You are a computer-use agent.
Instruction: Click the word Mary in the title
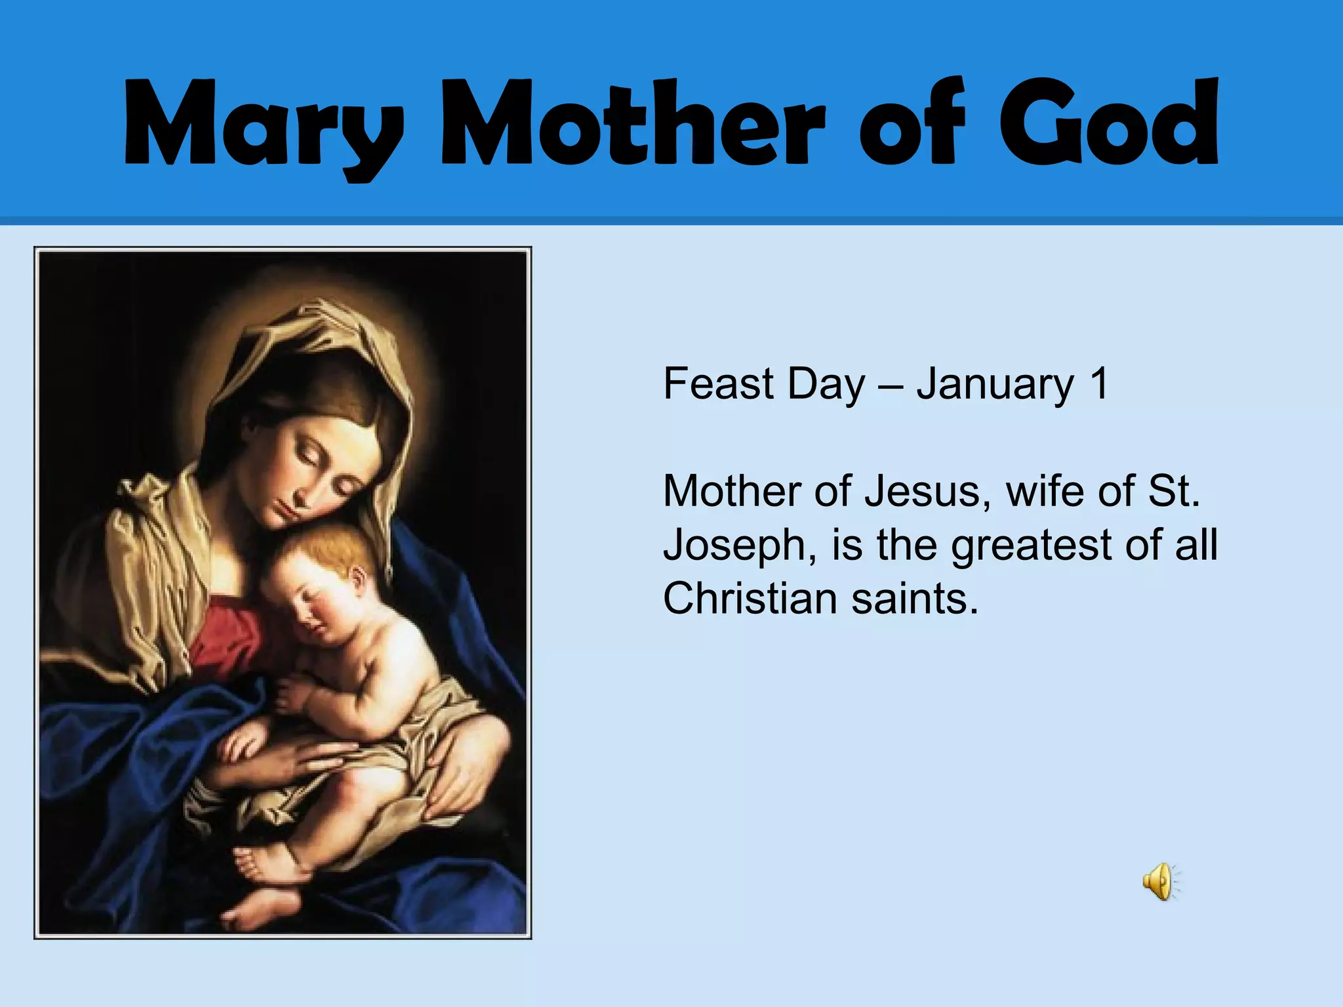tap(262, 125)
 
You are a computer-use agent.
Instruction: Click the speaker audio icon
tap(1159, 881)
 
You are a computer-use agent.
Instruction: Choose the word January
tap(995, 385)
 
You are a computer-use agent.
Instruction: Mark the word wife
tap(1047, 491)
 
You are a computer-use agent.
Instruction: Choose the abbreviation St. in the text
tap(1174, 491)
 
